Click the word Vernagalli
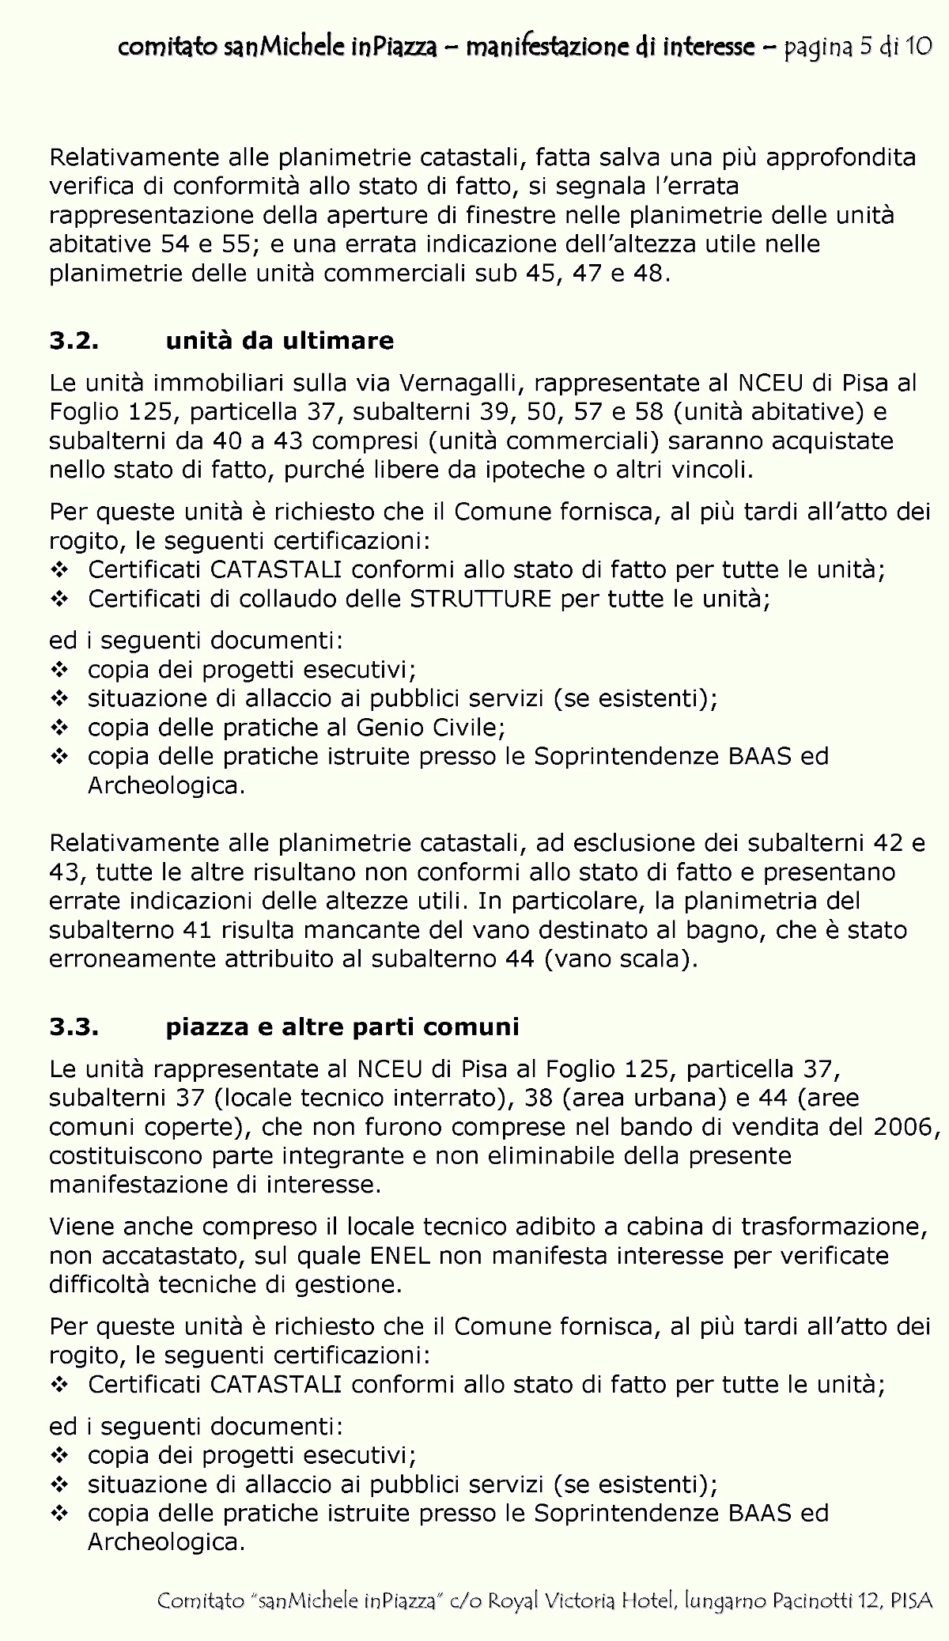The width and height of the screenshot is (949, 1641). click(463, 384)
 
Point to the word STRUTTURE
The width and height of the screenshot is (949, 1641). click(480, 599)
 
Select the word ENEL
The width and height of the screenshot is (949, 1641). click(399, 1255)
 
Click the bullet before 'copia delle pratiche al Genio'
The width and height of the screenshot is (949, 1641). click(59, 727)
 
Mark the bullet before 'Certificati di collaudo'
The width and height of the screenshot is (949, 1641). click(59, 599)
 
